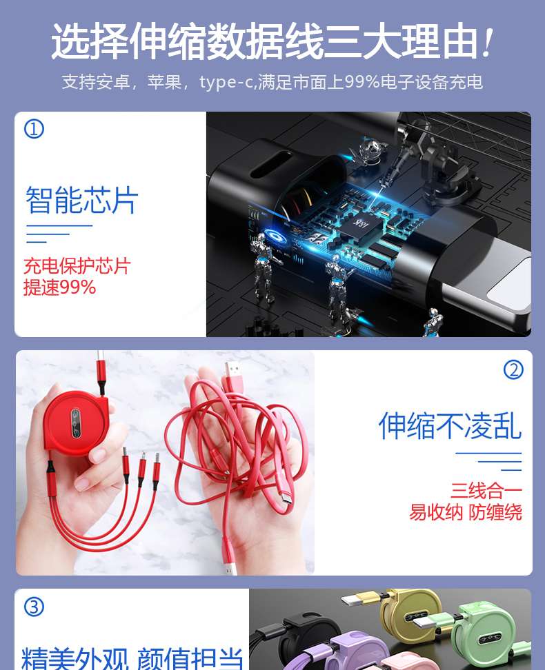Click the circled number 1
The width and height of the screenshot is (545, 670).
34,129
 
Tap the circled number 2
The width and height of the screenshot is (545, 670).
513,369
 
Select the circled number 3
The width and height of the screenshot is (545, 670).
34,607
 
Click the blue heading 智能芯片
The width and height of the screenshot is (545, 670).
81,199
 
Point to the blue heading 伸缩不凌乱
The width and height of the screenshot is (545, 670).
450,425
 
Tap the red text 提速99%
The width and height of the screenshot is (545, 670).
59,287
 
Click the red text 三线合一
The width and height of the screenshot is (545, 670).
486,491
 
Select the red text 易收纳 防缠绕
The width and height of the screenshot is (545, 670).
466,512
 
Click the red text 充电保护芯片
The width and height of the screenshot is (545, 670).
77,266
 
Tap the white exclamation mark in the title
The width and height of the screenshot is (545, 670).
486,43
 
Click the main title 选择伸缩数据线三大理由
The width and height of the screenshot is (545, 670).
264,42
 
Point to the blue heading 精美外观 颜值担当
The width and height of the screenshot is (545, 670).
132,659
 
